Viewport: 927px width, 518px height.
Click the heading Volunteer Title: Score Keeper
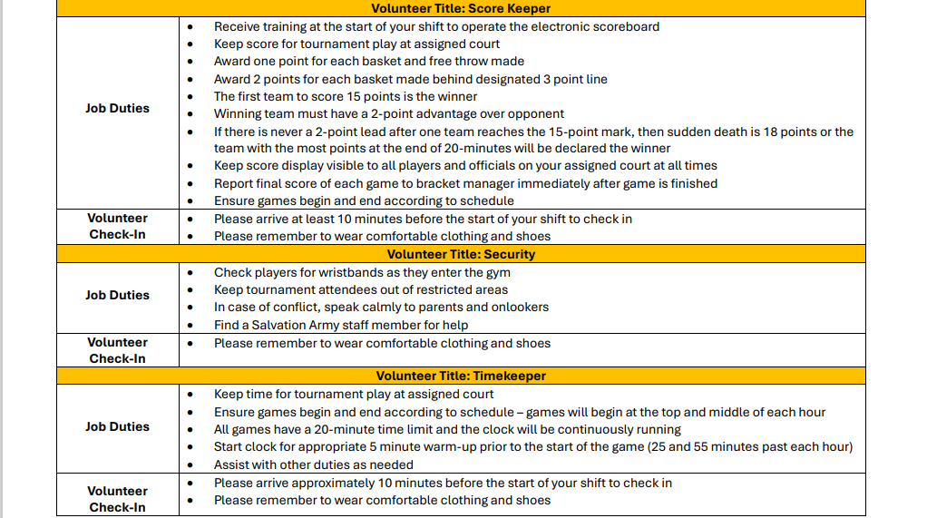click(460, 8)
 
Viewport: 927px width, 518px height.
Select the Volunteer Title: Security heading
click(461, 254)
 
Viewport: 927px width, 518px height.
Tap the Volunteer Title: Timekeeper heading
click(461, 376)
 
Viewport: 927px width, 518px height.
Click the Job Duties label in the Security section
click(117, 295)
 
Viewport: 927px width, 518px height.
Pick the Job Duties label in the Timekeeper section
click(117, 426)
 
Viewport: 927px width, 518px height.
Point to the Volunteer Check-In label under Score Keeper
click(117, 226)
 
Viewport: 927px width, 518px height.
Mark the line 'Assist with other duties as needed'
click(313, 464)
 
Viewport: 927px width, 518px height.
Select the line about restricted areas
click(360, 289)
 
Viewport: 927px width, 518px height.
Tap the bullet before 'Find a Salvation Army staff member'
click(190, 325)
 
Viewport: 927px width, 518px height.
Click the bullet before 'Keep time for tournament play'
click(190, 395)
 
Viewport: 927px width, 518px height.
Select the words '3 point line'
click(575, 79)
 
